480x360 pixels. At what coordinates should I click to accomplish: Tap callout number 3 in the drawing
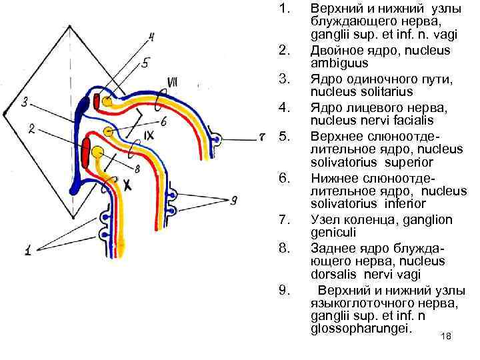click(25, 103)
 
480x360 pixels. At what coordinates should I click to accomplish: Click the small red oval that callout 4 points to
click(97, 101)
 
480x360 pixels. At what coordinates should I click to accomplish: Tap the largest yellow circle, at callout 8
click(98, 153)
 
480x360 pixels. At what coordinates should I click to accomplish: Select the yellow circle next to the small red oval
click(107, 103)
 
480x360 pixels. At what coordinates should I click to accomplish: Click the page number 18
click(446, 337)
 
